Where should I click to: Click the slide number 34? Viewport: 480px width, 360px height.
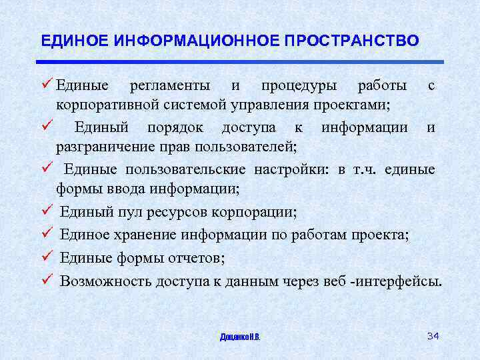[433, 335]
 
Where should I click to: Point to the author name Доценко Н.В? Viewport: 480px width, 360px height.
[240, 337]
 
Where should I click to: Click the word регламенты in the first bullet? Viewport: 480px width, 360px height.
[170, 86]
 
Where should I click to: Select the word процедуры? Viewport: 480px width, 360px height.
[299, 86]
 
